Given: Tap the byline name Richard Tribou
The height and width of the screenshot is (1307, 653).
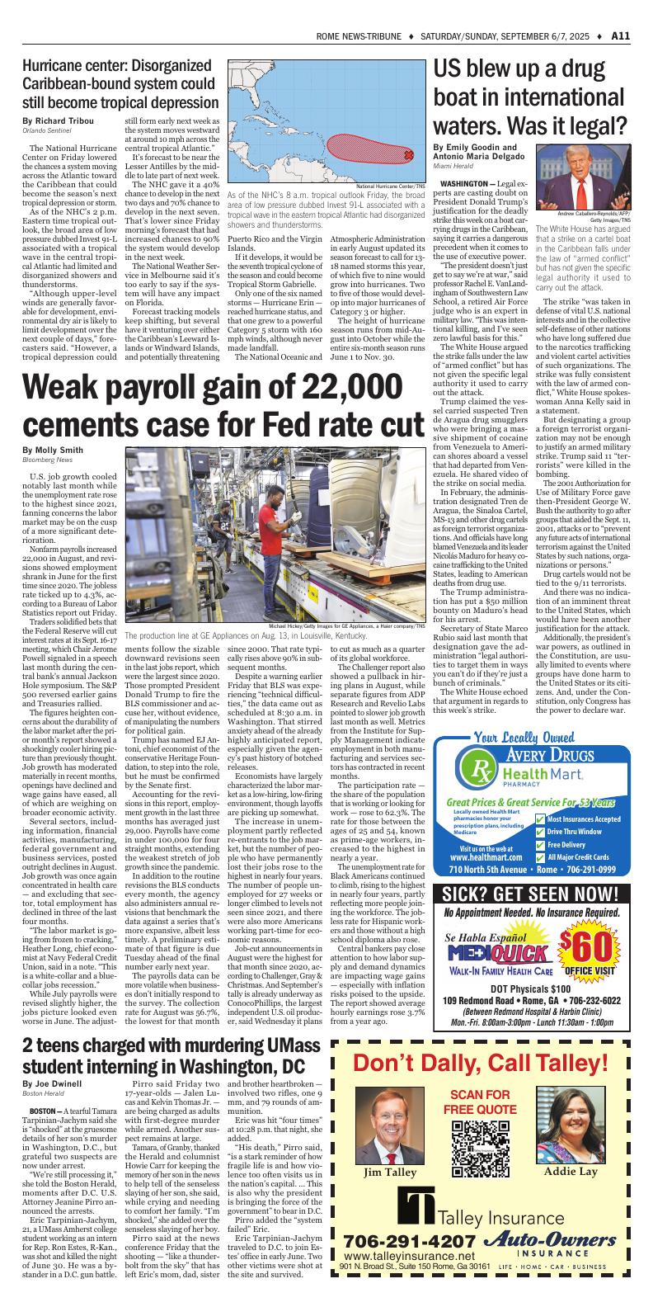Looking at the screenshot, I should pos(64,121).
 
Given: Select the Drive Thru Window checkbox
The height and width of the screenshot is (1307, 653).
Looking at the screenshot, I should pos(541,832).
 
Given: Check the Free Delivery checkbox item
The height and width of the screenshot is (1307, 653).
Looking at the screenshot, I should pos(541,845).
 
